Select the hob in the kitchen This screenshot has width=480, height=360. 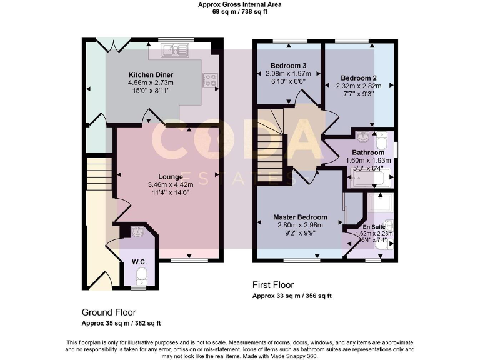click(210, 79)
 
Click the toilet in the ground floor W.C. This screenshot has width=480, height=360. click(141, 276)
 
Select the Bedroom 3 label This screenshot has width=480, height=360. click(288, 66)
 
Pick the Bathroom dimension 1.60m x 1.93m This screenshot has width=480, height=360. click(367, 160)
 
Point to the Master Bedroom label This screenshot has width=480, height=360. click(299, 217)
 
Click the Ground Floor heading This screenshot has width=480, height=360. click(109, 312)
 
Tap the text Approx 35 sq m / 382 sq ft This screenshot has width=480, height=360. click(121, 323)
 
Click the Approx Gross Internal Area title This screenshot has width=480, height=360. click(239, 4)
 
